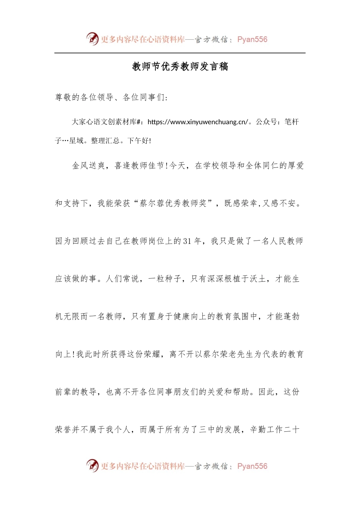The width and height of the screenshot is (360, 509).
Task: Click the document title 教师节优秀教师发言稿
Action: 180,67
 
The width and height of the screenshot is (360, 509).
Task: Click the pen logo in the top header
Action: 92,39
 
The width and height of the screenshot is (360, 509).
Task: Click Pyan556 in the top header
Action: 252,39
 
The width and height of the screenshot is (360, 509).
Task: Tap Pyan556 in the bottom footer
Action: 252,466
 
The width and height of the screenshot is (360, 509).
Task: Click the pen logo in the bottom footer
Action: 92,465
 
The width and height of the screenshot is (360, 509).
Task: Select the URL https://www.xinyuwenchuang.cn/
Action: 197,122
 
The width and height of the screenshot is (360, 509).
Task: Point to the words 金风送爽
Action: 89,166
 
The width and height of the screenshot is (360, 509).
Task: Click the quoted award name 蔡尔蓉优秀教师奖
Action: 173,203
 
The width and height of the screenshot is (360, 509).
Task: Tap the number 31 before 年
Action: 187,241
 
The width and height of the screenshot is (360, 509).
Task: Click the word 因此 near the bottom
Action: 267,392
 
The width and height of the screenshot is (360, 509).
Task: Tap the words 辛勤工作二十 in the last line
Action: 275,429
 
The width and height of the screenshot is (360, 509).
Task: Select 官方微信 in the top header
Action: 211,39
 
